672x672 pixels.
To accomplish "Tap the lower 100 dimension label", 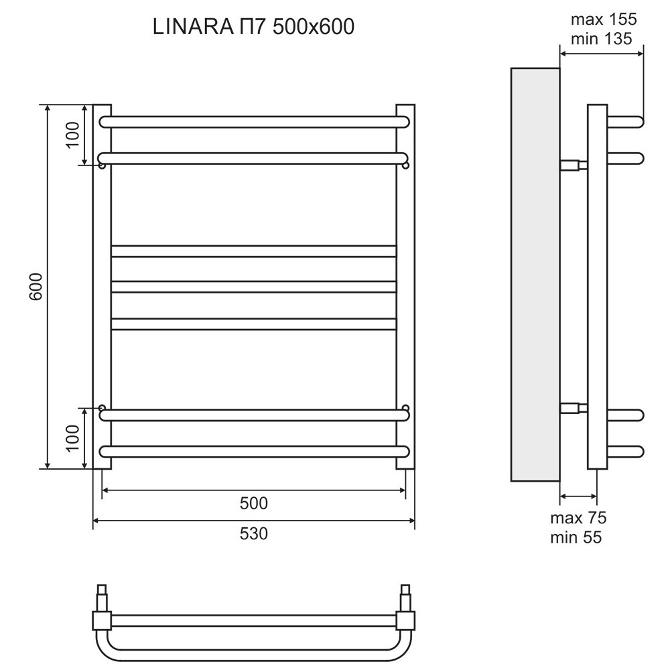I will point(73,438).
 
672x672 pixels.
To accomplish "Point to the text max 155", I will point(603,19).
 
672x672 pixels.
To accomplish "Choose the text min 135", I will point(602,38).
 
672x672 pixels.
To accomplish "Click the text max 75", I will point(578,518).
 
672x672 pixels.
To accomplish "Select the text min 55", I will point(576,537).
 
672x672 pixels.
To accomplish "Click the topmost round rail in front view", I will point(253,122).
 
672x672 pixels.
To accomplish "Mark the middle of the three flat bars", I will point(253,287).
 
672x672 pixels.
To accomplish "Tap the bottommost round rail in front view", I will point(253,450).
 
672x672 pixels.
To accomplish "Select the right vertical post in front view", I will point(405,287).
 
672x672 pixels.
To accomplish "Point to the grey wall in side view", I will point(535,275).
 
